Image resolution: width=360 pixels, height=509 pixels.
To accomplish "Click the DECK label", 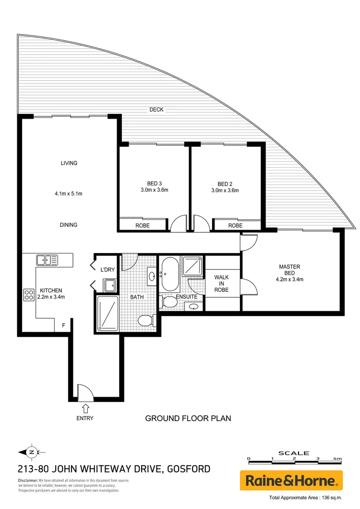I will pos(156,110).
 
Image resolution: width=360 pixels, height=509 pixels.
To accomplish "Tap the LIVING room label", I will pos(69,163).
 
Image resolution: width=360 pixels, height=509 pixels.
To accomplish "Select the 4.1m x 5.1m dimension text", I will pos(69,194).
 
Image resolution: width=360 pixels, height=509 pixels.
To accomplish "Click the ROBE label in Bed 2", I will pos(235,225).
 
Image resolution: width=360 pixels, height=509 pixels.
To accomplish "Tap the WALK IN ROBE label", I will pos(221,284).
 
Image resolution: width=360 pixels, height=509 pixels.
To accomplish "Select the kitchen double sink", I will pos(47,260).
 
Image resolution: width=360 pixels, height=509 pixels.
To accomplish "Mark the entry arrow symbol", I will pos(85,408).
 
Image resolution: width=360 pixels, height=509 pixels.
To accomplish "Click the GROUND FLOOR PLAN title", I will pos(188,418).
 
